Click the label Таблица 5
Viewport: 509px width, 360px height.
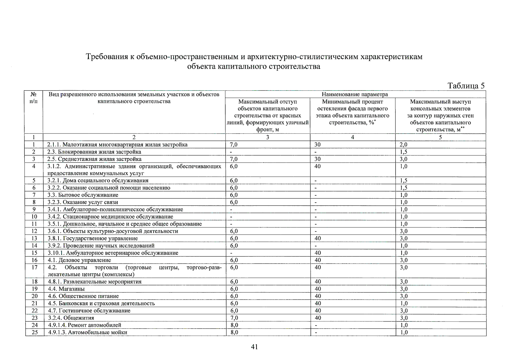[x=466, y=86]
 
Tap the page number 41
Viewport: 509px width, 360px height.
[x=254, y=347]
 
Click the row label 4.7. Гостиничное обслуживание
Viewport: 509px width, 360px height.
[x=89, y=310]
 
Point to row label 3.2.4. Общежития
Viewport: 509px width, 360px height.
[x=71, y=318]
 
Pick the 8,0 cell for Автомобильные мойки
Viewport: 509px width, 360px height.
[x=234, y=332]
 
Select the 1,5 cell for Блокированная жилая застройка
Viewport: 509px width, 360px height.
[x=403, y=152]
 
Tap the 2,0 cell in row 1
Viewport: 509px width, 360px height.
[x=403, y=145]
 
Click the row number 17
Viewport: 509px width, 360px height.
[x=34, y=267]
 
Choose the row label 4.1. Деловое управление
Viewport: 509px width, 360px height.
[x=79, y=260]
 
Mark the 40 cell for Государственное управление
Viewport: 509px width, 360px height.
[x=318, y=238]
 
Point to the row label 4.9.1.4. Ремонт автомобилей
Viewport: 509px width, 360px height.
[x=85, y=325]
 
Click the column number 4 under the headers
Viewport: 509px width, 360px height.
[x=352, y=137]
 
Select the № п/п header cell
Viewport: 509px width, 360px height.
[x=34, y=98]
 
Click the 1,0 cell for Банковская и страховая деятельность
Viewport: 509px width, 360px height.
[x=403, y=303]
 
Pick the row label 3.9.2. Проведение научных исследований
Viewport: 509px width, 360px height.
[x=101, y=246]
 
